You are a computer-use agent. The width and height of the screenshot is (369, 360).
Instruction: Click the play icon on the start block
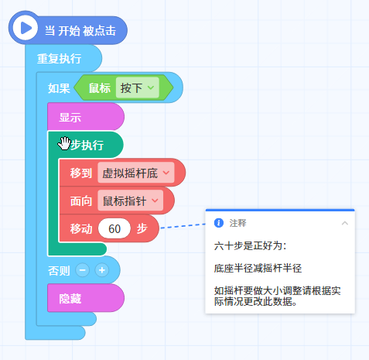tap(25, 28)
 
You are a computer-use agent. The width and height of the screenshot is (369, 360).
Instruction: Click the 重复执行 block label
tap(60, 59)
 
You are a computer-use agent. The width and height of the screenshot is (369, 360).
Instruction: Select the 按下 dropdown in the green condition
tap(137, 87)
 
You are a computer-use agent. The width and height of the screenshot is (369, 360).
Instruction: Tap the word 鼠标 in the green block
tap(100, 88)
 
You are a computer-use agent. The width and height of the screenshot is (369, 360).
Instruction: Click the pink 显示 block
tap(86, 117)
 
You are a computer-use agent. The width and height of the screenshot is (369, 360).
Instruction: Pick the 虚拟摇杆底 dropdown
tap(136, 173)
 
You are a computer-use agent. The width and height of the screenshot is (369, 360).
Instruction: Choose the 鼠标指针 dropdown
tap(131, 201)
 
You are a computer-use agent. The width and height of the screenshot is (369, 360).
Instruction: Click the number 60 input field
tap(114, 228)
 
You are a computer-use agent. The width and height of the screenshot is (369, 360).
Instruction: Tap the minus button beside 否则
tap(82, 270)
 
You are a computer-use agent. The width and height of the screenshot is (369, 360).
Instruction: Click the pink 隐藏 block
tap(86, 298)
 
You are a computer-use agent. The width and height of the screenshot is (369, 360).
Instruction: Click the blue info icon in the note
tap(219, 223)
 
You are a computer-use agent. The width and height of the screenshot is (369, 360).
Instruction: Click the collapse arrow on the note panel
tap(345, 223)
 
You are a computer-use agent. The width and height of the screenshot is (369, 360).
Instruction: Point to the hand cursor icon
tap(64, 143)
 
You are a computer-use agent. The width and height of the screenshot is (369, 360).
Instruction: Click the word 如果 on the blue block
tap(59, 88)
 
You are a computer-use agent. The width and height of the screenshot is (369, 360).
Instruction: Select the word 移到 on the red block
tap(81, 173)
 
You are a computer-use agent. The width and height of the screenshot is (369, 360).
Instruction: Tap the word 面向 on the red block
tap(81, 201)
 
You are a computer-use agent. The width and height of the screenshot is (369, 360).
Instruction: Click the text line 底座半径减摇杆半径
tap(258, 269)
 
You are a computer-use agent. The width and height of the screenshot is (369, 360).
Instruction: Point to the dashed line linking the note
tap(183, 226)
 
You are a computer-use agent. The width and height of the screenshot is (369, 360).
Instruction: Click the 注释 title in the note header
tap(237, 223)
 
